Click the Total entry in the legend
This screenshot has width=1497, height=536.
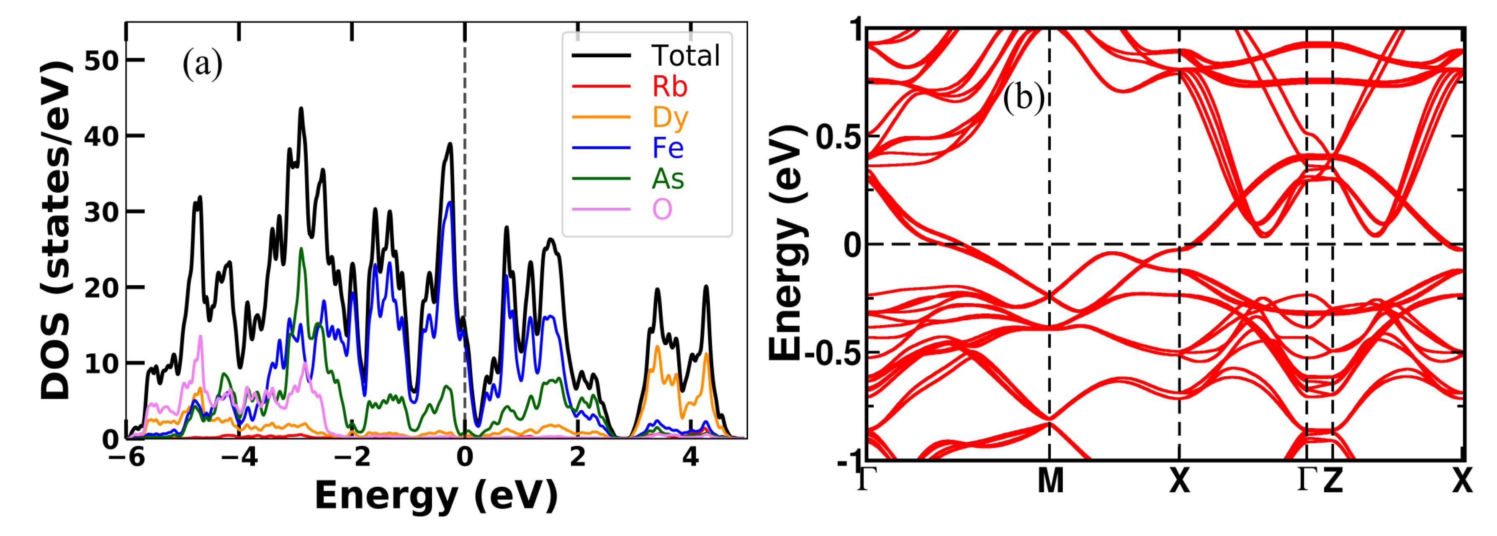(x=685, y=56)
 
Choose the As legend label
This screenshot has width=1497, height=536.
(x=668, y=179)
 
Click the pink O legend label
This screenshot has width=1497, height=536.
(x=662, y=209)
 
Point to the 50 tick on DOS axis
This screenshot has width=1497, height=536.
(x=102, y=60)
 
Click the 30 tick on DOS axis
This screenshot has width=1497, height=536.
(x=102, y=212)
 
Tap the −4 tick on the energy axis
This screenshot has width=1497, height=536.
(x=239, y=457)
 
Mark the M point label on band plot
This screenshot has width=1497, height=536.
(x=1050, y=481)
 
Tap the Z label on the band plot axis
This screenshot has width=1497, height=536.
(x=1333, y=481)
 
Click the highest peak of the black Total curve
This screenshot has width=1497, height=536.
(x=301, y=109)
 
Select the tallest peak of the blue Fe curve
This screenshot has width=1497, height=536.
(x=449, y=203)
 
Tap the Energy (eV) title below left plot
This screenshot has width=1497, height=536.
(x=436, y=497)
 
